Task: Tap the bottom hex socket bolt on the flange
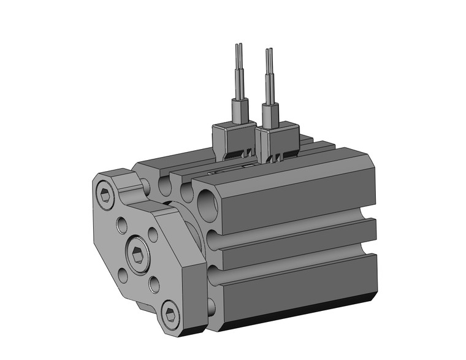coord(171,315)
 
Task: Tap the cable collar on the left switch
coord(239,111)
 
